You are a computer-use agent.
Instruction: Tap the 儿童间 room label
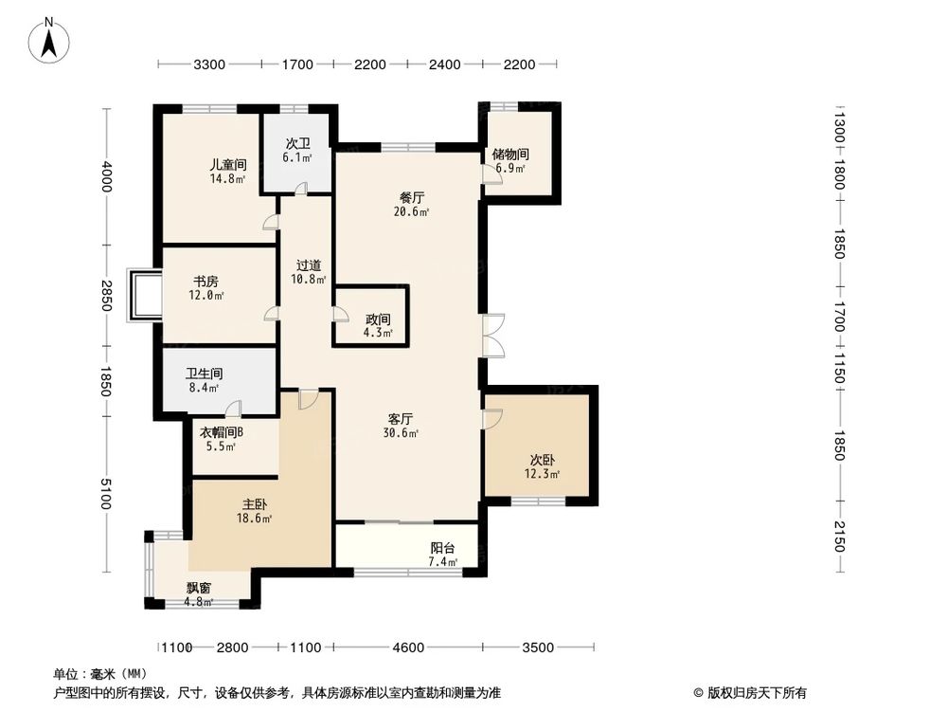pyautogui.click(x=228, y=164)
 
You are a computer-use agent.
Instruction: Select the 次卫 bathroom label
pyautogui.click(x=297, y=145)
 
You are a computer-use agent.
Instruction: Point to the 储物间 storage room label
pyautogui.click(x=510, y=155)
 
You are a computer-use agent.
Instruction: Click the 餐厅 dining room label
pyautogui.click(x=412, y=198)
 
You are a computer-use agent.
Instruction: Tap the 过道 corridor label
pyautogui.click(x=309, y=266)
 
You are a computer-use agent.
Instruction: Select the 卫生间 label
pyautogui.click(x=204, y=374)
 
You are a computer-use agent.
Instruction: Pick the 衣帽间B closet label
pyautogui.click(x=222, y=432)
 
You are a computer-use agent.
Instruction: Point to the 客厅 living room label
pyautogui.click(x=402, y=418)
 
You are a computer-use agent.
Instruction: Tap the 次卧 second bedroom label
pyautogui.click(x=542, y=459)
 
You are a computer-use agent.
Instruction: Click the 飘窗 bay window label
pyautogui.click(x=199, y=588)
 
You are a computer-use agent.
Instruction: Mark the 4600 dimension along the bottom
pyautogui.click(x=408, y=647)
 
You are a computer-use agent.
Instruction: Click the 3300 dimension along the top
pyautogui.click(x=209, y=64)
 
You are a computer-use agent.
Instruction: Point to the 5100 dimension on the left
pyautogui.click(x=106, y=494)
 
